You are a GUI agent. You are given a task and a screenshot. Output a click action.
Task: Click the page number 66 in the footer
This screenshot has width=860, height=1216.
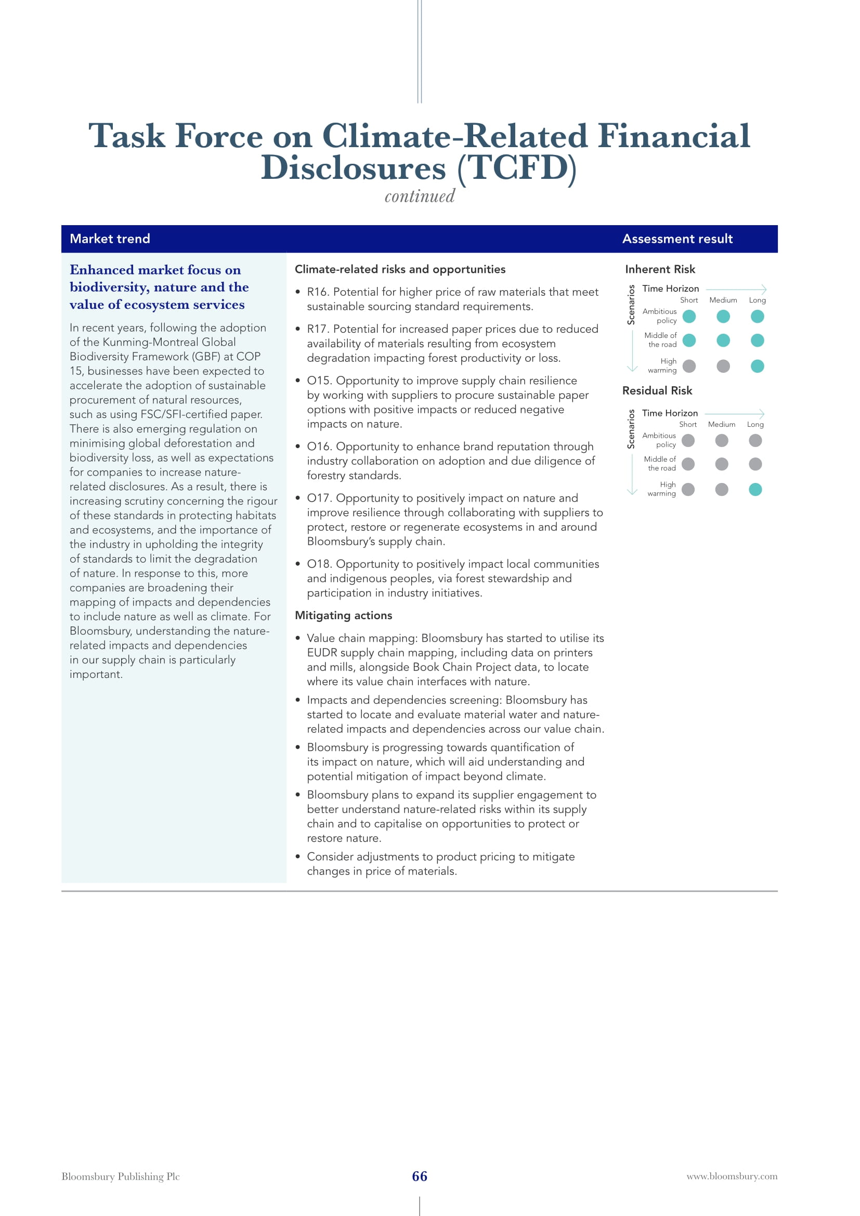pos(420,1176)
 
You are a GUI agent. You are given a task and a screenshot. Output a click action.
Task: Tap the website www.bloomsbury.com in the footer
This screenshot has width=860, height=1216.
pos(732,1176)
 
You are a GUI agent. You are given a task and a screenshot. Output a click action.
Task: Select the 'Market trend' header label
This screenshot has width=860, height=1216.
pos(110,239)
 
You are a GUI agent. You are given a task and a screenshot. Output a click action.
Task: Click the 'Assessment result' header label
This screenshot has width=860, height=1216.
pos(677,239)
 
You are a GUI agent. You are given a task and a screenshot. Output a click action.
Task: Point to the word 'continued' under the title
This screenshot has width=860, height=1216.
pos(420,197)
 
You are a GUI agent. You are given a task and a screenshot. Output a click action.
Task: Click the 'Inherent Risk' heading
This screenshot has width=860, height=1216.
pos(660,269)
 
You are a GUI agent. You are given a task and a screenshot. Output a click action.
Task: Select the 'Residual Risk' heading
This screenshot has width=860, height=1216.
pos(657,390)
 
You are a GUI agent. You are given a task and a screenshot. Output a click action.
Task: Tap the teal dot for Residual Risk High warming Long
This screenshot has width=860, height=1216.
pos(755,489)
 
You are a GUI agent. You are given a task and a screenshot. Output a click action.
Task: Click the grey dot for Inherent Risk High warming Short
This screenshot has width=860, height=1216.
pos(689,366)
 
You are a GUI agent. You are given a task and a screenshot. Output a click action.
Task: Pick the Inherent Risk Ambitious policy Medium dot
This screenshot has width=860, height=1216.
pos(723,317)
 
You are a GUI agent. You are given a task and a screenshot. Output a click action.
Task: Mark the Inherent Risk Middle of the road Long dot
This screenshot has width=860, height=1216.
pos(757,341)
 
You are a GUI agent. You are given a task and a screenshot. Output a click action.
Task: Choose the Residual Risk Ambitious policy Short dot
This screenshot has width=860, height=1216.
pos(688,441)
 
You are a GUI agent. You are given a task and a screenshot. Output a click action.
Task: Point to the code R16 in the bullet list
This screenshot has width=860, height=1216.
pos(317,292)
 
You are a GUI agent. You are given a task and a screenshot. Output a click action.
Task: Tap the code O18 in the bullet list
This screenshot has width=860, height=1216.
pos(319,564)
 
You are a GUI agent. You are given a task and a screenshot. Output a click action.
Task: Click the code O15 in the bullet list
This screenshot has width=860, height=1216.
pos(319,381)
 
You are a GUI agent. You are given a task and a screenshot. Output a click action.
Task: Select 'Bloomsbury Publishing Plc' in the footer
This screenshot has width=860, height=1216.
pos(120,1176)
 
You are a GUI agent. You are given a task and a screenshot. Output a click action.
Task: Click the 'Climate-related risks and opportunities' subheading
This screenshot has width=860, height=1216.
pos(400,269)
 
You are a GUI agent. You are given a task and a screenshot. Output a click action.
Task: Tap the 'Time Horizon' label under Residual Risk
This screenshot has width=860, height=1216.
pos(670,413)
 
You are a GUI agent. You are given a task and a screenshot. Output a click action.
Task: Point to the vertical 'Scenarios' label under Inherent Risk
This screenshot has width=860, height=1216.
pos(631,305)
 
